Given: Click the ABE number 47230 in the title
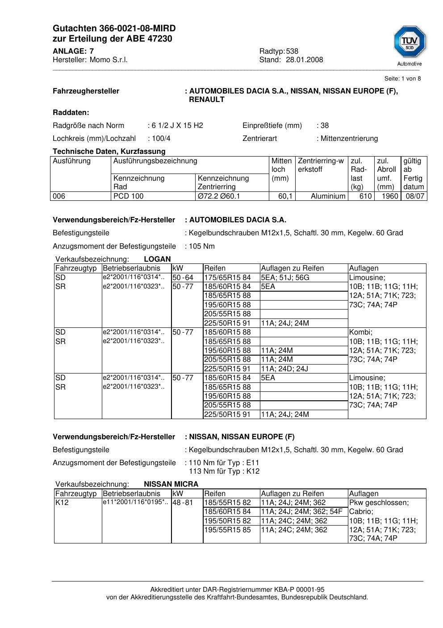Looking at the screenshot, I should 159,39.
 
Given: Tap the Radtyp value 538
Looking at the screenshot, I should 292,51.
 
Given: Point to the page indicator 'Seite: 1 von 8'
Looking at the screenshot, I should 402,79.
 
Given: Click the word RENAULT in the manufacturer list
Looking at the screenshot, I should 207,99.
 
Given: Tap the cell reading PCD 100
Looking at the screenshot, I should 129,196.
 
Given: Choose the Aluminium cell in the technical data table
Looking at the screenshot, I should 328,196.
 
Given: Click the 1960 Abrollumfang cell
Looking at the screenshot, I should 390,196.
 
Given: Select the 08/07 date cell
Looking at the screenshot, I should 415,196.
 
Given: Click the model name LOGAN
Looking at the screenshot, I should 157,259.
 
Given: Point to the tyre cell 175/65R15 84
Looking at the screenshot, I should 227,278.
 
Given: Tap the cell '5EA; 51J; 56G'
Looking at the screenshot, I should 285,278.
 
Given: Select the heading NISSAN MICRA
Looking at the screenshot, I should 171,484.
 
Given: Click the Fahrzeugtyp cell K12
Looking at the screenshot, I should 61,503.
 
